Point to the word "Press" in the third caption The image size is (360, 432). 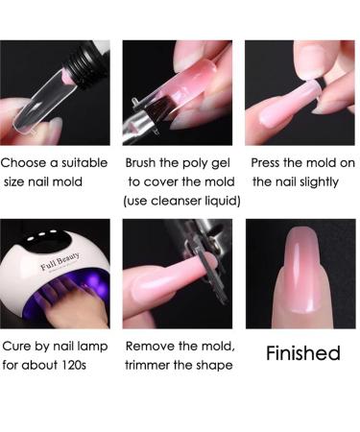pos(270,163)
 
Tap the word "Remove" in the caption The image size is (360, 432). pos(150,346)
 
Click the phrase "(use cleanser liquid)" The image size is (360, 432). pos(181,200)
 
